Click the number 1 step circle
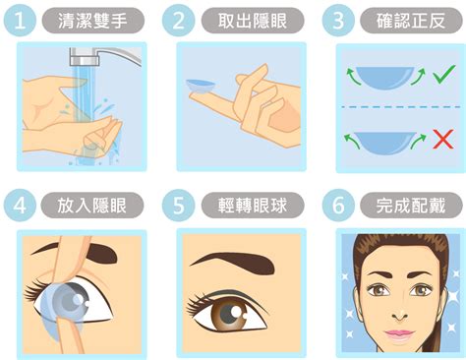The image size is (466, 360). [20, 21]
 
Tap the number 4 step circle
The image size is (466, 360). [20, 206]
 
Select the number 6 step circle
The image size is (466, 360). [338, 205]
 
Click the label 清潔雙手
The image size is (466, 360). [93, 21]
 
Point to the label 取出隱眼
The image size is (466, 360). [253, 21]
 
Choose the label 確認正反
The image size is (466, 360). [411, 21]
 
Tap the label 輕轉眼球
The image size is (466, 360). [253, 206]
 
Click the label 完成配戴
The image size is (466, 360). [411, 206]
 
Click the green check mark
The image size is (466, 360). [444, 74]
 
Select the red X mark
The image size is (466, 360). [443, 139]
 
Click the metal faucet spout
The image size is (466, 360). [105, 56]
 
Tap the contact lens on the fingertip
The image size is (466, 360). [201, 87]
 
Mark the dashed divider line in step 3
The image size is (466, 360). [401, 107]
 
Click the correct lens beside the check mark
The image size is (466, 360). [385, 78]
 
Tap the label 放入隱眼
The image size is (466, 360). [92, 206]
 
